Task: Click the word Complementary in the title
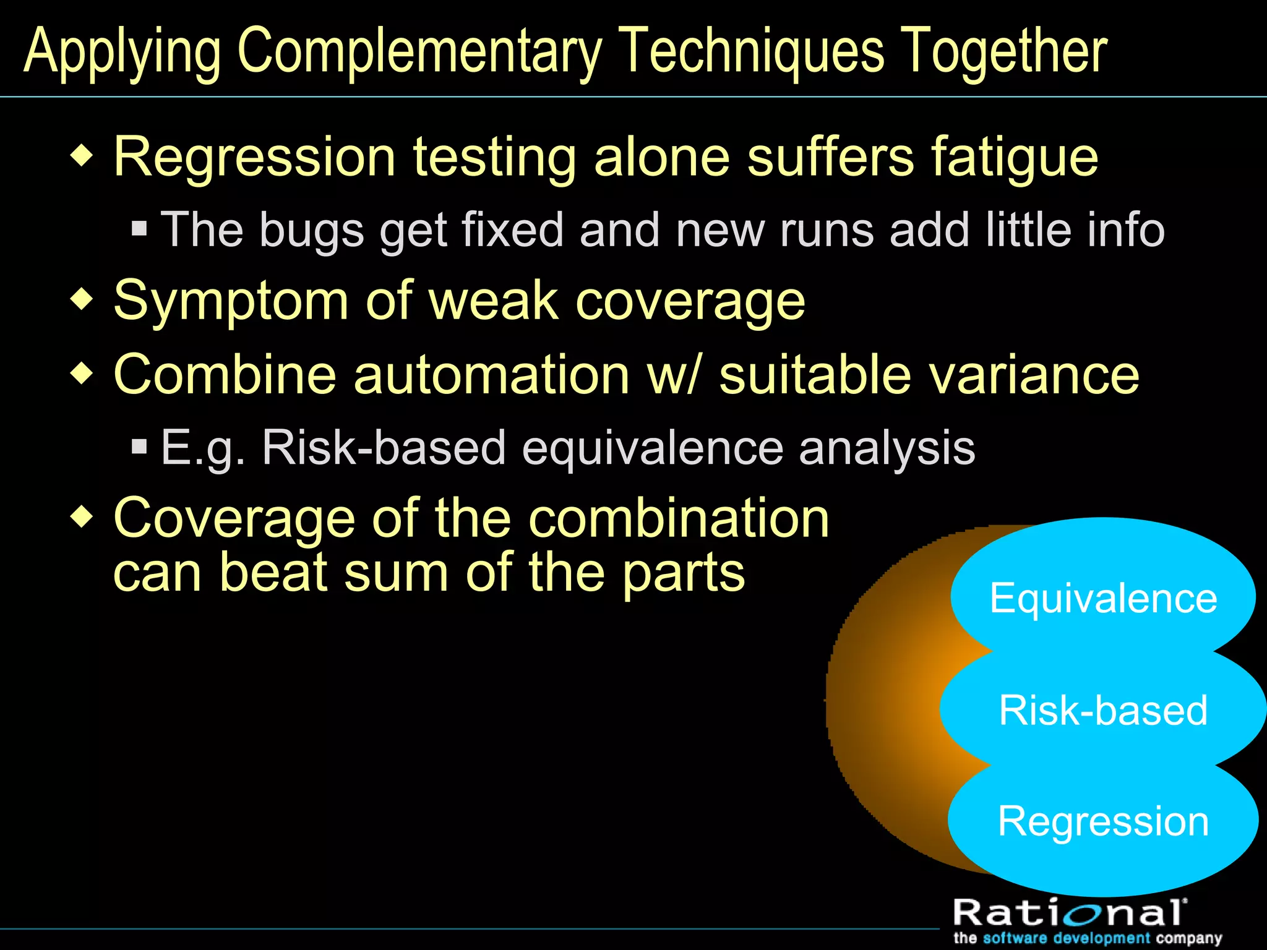[419, 52]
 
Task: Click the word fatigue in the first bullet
[1015, 158]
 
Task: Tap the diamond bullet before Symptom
[82, 299]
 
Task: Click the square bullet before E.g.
[140, 446]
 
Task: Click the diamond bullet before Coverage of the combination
[82, 516]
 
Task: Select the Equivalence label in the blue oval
[1103, 599]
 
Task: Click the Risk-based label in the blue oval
[1103, 710]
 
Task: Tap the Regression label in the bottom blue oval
[1103, 822]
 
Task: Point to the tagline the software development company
[1088, 938]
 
